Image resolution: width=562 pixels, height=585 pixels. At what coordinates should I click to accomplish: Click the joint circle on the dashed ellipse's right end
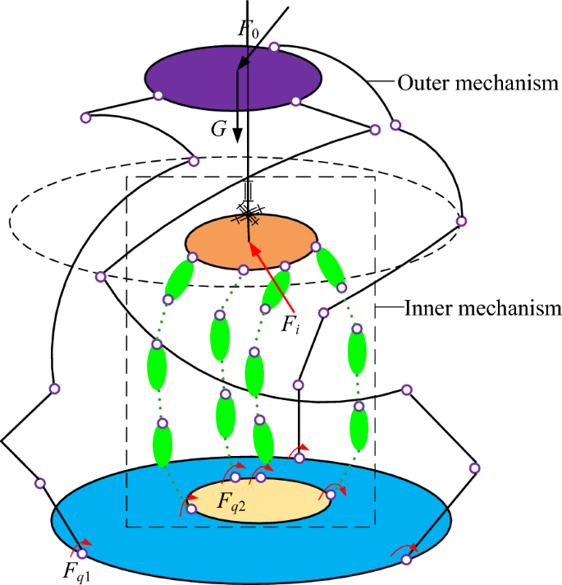(x=461, y=221)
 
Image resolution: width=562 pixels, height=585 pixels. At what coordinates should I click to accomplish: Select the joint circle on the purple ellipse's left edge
(x=158, y=95)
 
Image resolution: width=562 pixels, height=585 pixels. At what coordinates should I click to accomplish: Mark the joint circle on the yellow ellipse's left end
(x=191, y=509)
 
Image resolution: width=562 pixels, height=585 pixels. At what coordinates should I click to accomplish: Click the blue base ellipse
(x=123, y=526)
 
